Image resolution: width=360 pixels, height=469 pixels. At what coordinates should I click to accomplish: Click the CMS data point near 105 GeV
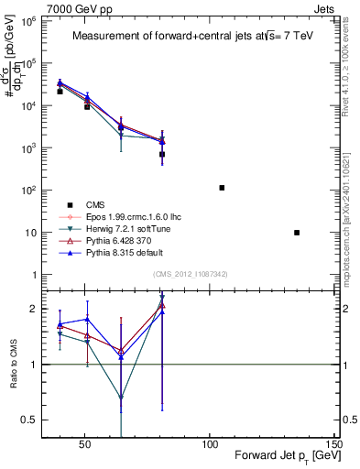point(222,188)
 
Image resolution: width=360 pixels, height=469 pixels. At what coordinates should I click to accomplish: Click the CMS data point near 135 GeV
point(297,233)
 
